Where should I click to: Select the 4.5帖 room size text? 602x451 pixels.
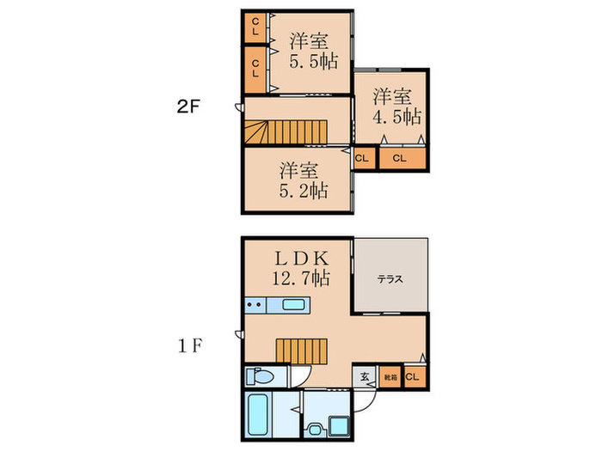(396, 114)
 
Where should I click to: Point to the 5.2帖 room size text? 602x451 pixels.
(303, 191)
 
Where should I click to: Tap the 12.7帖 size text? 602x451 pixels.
(299, 278)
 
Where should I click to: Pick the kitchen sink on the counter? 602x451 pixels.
(294, 305)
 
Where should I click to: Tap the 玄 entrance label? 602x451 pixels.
(365, 375)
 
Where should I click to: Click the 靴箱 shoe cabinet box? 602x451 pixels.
(390, 375)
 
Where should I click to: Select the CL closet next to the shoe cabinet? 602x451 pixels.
(414, 375)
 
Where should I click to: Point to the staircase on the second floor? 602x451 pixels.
(284, 132)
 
